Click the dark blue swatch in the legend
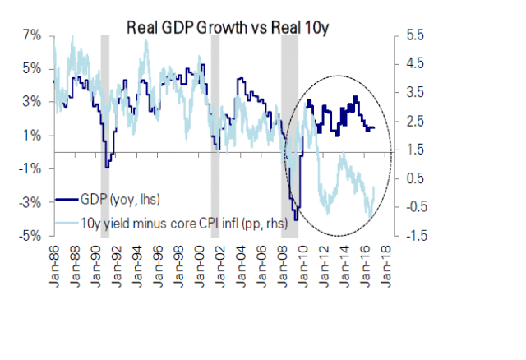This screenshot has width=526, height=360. point(68,199)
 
